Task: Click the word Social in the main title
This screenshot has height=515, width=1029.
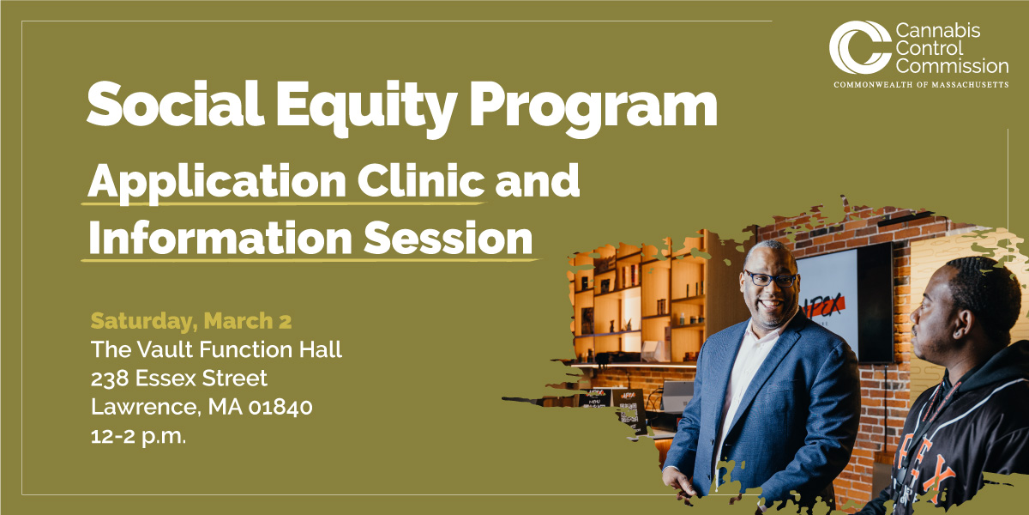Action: tap(176, 104)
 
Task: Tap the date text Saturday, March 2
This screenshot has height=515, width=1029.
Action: tap(191, 321)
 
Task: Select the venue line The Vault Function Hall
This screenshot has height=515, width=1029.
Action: tap(216, 349)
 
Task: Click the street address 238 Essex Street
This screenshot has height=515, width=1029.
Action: tap(178, 379)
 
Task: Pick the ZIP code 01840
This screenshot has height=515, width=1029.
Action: tap(280, 407)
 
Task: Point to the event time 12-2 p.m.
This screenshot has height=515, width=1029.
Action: tap(138, 436)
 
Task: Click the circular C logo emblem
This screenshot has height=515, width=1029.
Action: tap(859, 48)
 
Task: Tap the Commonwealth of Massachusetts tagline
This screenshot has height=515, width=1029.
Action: tap(921, 85)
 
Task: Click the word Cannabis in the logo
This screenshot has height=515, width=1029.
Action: tap(938, 31)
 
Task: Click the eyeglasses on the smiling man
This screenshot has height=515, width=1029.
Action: tap(770, 279)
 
